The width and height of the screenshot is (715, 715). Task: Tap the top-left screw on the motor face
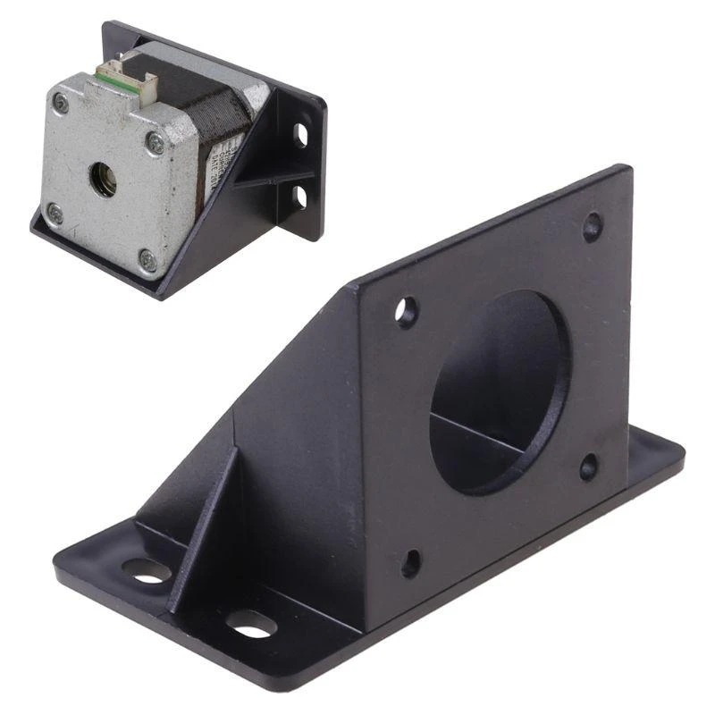(x=61, y=105)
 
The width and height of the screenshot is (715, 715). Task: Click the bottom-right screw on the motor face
(x=147, y=260)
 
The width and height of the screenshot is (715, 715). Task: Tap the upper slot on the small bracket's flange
(x=301, y=136)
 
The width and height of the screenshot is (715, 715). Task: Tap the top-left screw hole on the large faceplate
(x=406, y=311)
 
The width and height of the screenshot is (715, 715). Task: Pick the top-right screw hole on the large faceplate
(x=592, y=225)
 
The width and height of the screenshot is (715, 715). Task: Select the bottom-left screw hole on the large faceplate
(x=410, y=562)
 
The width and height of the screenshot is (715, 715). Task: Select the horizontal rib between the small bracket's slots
(x=277, y=178)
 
